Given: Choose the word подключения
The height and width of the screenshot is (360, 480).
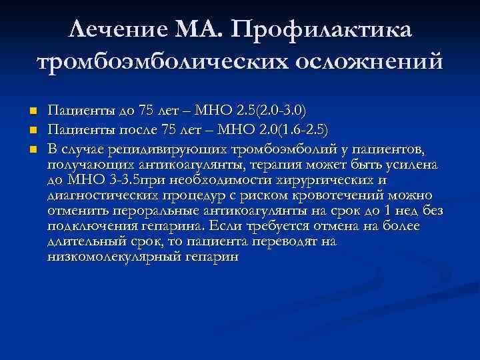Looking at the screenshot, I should point(89,226).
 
